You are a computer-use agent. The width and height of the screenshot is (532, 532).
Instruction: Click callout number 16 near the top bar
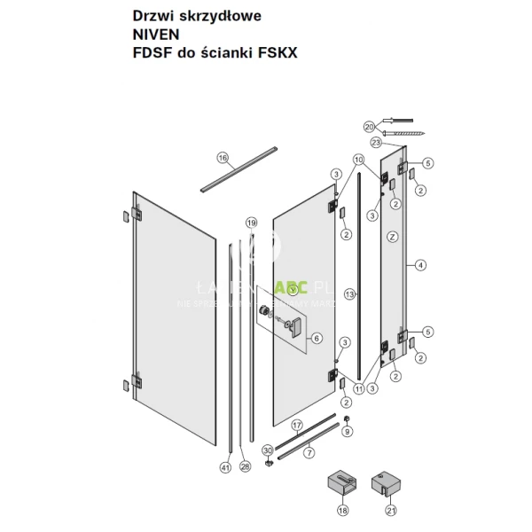pyautogui.click(x=223, y=159)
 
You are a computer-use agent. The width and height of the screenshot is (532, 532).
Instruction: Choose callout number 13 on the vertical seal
pyautogui.click(x=350, y=293)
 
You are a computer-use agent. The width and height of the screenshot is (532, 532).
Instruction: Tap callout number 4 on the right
pyautogui.click(x=421, y=264)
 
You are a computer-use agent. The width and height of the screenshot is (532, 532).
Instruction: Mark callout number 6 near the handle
pyautogui.click(x=317, y=338)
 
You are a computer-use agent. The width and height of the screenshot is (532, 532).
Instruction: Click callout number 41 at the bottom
pyautogui.click(x=225, y=466)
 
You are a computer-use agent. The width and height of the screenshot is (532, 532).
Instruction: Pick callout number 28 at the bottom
pyautogui.click(x=246, y=466)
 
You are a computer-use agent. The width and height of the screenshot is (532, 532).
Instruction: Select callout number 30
pyautogui.click(x=268, y=450)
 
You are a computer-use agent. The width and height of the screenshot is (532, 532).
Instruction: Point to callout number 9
pyautogui.click(x=347, y=432)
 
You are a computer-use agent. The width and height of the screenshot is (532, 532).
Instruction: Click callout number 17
pyautogui.click(x=297, y=425)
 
